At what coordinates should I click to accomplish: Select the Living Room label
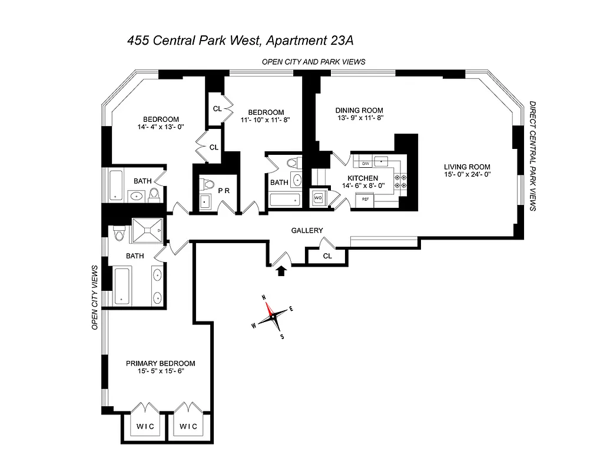467,166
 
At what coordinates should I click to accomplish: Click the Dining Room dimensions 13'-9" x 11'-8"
359,118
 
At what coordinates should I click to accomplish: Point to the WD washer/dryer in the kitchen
318,198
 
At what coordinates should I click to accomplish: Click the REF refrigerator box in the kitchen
365,200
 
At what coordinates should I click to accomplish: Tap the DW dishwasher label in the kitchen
365,162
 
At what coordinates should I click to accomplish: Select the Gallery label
307,230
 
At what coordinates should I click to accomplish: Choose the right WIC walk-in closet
188,426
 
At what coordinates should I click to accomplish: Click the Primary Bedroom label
160,363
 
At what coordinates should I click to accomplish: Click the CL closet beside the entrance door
327,256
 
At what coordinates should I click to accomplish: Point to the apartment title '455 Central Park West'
195,41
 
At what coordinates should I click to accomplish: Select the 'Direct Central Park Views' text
533,156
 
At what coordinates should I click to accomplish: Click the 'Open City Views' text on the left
94,297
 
